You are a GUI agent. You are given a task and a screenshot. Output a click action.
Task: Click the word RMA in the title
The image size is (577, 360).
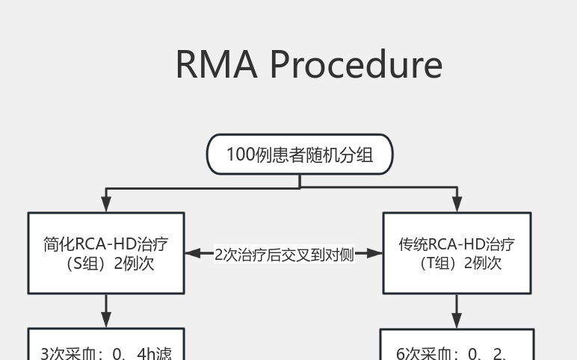[x=217, y=64]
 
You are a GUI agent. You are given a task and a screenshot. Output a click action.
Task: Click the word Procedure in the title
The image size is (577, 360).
[x=356, y=64]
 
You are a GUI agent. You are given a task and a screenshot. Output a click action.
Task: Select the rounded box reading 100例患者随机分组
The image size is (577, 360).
[x=300, y=155]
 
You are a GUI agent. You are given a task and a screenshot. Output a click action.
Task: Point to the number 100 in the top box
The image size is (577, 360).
[x=241, y=155]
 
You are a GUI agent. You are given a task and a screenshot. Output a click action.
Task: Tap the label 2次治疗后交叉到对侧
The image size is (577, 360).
[x=284, y=254]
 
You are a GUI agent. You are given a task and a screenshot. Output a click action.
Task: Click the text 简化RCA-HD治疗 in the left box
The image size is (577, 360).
[x=105, y=244]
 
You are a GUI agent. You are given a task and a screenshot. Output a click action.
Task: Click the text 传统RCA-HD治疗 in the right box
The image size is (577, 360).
[x=457, y=244]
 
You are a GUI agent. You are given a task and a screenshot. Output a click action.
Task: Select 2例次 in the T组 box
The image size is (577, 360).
[x=483, y=263]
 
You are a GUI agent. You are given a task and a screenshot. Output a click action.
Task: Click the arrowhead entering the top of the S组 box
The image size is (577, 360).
[x=106, y=204]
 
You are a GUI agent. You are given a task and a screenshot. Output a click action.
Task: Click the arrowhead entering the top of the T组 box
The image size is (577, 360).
[x=457, y=204]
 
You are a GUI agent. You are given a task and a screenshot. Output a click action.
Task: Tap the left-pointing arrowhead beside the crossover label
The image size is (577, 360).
[x=193, y=254]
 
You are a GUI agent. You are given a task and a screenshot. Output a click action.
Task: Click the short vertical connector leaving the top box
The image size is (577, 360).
[x=300, y=181]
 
